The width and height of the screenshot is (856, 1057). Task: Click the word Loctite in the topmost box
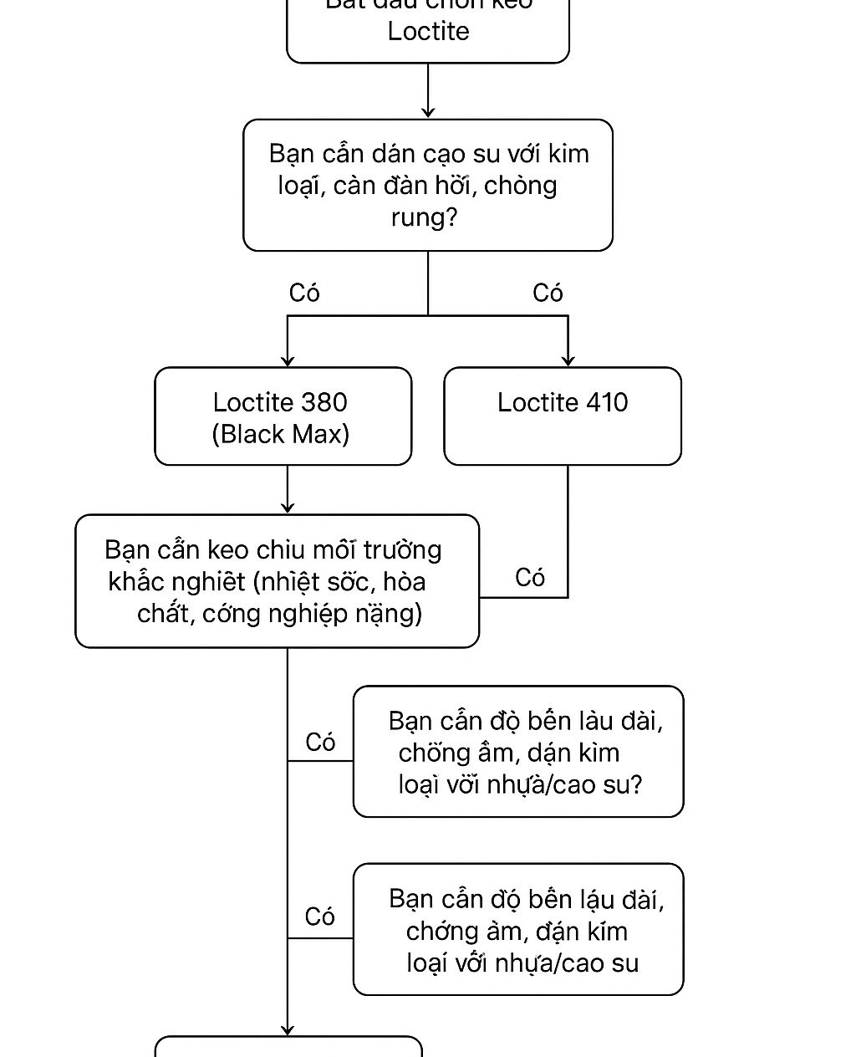428,32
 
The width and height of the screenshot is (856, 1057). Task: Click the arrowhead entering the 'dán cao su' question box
428,112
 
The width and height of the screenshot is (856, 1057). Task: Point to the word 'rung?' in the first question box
425,217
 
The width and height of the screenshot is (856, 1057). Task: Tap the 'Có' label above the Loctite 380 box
304,293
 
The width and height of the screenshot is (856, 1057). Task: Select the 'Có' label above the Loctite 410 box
548,293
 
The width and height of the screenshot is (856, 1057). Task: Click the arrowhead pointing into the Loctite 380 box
288,360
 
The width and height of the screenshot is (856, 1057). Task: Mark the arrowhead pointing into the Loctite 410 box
568,360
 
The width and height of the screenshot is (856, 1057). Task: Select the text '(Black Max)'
281,434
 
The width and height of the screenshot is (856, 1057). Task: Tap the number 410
607,402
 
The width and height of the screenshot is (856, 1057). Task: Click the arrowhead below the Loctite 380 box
288,507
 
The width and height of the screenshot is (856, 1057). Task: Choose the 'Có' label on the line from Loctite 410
530,577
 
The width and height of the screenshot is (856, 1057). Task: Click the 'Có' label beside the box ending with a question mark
320,742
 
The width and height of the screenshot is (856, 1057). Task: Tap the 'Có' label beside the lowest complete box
320,917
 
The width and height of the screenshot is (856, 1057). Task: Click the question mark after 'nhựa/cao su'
635,784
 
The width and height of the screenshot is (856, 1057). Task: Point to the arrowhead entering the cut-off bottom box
288,1029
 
